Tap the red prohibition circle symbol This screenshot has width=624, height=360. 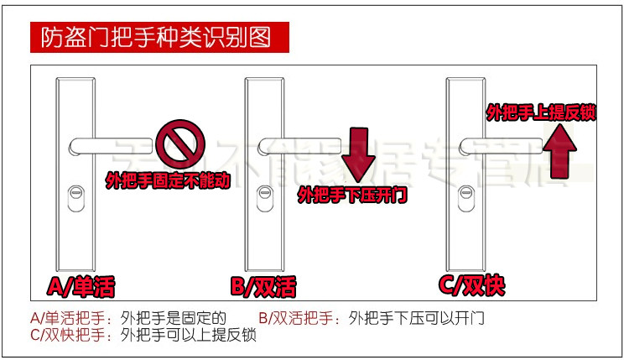[177, 138]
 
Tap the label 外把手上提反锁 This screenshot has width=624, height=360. [541, 112]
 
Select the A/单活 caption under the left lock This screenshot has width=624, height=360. [81, 287]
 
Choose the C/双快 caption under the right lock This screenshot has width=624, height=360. [472, 285]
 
